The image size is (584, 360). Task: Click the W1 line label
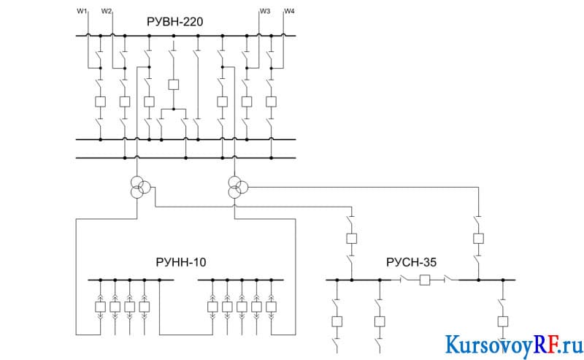click(x=82, y=11)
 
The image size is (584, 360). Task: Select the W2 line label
click(x=106, y=11)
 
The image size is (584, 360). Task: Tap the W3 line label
click(x=265, y=11)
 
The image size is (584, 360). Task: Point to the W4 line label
click(x=289, y=11)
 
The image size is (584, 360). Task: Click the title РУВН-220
click(x=175, y=22)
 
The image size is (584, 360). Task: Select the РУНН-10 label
click(x=180, y=262)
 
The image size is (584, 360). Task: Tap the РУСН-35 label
click(x=411, y=262)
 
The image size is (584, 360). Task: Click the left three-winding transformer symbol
click(x=140, y=188)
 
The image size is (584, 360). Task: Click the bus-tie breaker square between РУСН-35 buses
click(x=425, y=280)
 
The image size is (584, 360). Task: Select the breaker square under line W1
click(x=100, y=102)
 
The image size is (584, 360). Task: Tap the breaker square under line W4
click(x=271, y=102)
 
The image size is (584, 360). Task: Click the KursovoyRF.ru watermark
click(x=514, y=345)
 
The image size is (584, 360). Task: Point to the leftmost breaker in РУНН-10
click(x=100, y=307)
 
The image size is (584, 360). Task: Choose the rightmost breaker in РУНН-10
click(x=271, y=307)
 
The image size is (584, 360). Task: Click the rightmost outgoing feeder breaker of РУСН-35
click(x=503, y=321)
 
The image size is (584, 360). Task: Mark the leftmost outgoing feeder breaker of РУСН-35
click(x=337, y=321)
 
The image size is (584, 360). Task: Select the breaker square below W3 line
click(x=247, y=102)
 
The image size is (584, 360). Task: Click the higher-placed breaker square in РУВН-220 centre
click(x=174, y=85)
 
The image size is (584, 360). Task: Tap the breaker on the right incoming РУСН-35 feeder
click(x=478, y=239)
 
